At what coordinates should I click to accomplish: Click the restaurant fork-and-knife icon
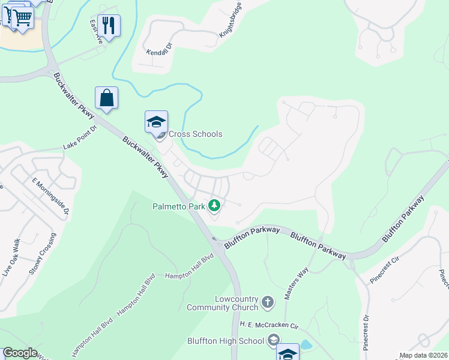[x=109, y=25]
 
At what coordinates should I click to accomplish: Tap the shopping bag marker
[x=106, y=98]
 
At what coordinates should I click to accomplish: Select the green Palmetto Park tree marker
[x=214, y=206]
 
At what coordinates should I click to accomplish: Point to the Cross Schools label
[x=195, y=134]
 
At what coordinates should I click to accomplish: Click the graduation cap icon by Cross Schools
[x=156, y=122]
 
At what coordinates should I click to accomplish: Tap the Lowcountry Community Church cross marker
[x=268, y=302]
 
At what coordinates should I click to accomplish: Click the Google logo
[x=20, y=353]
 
